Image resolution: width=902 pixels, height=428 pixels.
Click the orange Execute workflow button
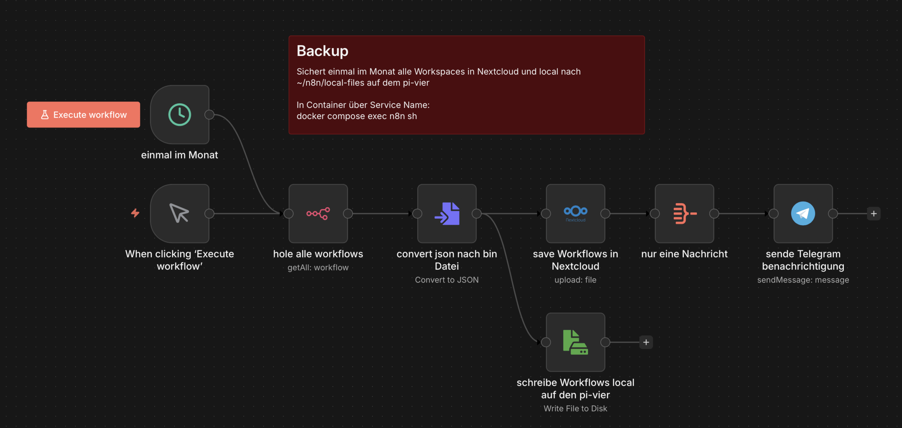pyautogui.click(x=84, y=115)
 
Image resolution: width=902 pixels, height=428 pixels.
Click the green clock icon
pyautogui.click(x=180, y=115)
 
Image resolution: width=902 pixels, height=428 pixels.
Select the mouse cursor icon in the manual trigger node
pyautogui.click(x=179, y=213)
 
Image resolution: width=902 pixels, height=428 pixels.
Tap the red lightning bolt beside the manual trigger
pyautogui.click(x=135, y=213)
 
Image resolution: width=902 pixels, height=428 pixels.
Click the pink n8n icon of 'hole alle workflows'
pyautogui.click(x=318, y=213)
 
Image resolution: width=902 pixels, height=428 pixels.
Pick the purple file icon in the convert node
pyautogui.click(x=447, y=213)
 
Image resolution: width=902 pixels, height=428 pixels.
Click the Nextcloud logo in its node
pyautogui.click(x=575, y=213)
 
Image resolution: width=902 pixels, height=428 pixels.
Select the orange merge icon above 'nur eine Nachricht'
pyautogui.click(x=684, y=213)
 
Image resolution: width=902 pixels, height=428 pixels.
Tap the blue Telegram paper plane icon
pyautogui.click(x=803, y=213)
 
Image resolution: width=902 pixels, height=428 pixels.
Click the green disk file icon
pyautogui.click(x=575, y=342)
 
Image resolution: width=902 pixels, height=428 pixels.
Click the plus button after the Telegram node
pyautogui.click(x=874, y=213)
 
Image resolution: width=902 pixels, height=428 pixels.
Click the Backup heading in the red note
pyautogui.click(x=322, y=51)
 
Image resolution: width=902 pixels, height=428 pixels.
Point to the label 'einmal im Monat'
pyautogui.click(x=179, y=155)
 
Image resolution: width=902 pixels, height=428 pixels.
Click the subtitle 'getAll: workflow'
pyautogui.click(x=318, y=268)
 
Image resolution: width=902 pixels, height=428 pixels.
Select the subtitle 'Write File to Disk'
pyautogui.click(x=575, y=409)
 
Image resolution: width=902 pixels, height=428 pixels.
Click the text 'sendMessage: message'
pyautogui.click(x=803, y=280)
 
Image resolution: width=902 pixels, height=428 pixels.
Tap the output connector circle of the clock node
pyautogui.click(x=209, y=115)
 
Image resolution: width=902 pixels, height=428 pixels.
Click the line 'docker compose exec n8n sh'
pyautogui.click(x=357, y=116)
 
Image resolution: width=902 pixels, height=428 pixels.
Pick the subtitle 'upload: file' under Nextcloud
pyautogui.click(x=575, y=280)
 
